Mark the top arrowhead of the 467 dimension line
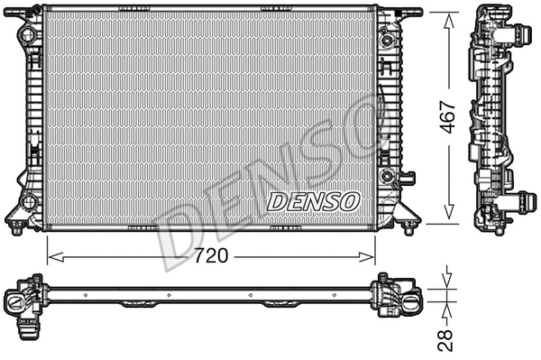(x=448, y=17)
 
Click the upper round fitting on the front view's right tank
(x=388, y=40)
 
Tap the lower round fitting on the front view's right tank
(x=388, y=173)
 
